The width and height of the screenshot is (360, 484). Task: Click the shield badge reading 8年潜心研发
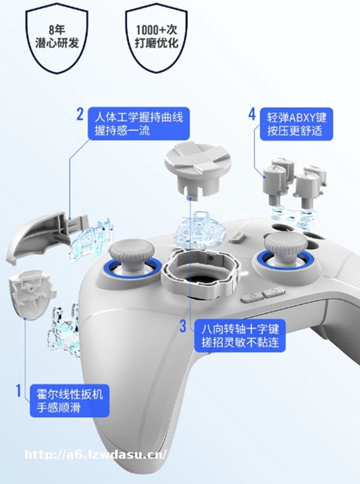tap(57, 38)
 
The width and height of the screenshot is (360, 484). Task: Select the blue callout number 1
tap(19, 390)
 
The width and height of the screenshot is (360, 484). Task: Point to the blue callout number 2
tap(80, 114)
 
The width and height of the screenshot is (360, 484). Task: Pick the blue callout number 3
tap(183, 326)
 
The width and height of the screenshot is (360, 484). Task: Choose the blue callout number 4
tap(252, 114)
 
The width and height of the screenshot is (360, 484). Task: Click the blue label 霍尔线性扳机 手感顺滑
tap(70, 401)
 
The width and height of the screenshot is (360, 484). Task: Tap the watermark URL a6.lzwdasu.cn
tap(95, 455)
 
